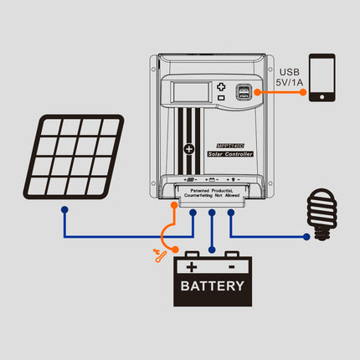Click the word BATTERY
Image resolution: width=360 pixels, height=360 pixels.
point(213,285)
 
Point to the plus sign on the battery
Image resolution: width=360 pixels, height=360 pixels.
point(193,267)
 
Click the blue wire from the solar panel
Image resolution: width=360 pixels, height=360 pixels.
point(109,234)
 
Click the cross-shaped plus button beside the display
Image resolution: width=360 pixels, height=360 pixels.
point(221,86)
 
